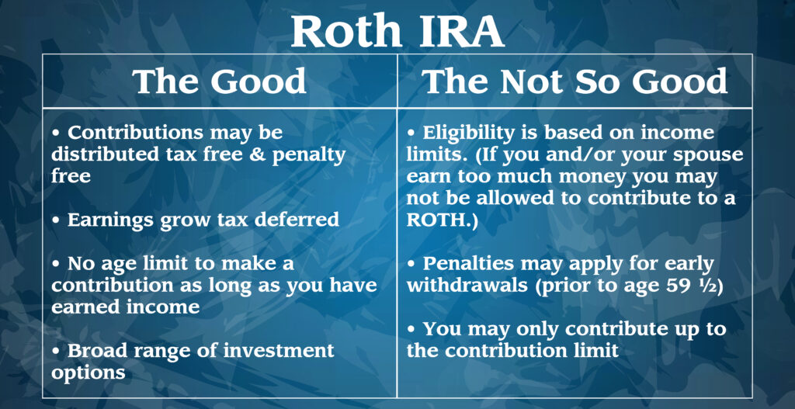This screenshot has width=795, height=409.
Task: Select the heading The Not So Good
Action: tap(575, 81)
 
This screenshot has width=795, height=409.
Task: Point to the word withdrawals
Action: tap(466, 286)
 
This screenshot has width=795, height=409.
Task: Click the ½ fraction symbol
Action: tap(707, 286)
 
